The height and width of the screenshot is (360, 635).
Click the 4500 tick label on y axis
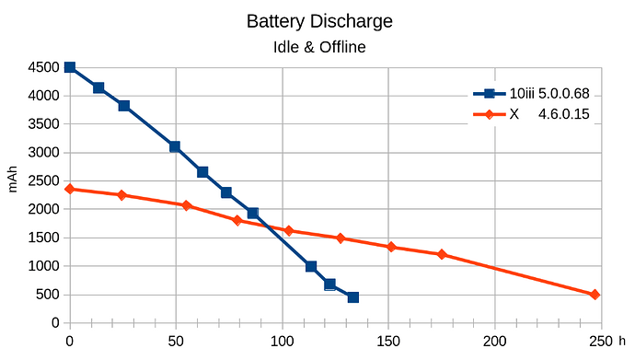pos(43,67)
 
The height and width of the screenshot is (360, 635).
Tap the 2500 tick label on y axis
pos(43,181)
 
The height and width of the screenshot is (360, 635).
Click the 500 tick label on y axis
pos(47,296)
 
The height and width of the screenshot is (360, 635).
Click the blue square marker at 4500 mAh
pos(70,67)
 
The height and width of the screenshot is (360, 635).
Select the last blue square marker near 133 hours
pos(352,297)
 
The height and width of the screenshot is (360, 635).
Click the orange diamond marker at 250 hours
pos(595,295)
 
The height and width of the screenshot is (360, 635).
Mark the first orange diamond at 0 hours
pos(70,189)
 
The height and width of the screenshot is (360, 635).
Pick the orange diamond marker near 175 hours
pos(442,254)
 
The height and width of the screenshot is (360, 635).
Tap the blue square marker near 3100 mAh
pos(175,146)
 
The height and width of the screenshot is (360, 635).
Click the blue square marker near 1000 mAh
pos(311,266)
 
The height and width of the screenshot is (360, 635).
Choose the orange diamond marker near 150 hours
pos(391,247)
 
